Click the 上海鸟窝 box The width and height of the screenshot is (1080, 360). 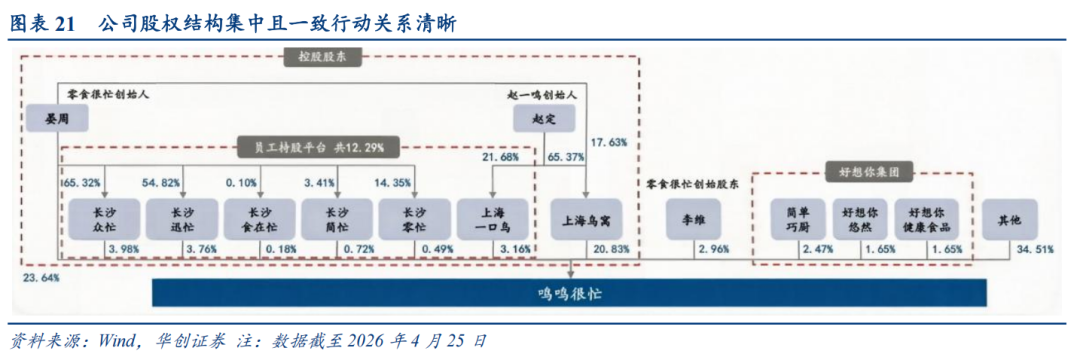pyautogui.click(x=584, y=220)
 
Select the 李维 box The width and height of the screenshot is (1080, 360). pyautogui.click(x=693, y=220)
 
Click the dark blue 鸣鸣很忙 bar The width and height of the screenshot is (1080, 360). pyautogui.click(x=569, y=293)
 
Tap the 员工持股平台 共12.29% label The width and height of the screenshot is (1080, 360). pyautogui.click(x=319, y=147)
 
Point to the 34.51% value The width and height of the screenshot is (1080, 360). pyautogui.click(x=1035, y=249)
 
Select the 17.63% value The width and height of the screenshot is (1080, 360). pyautogui.click(x=610, y=142)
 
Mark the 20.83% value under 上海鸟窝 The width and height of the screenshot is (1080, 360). pyautogui.click(x=610, y=249)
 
